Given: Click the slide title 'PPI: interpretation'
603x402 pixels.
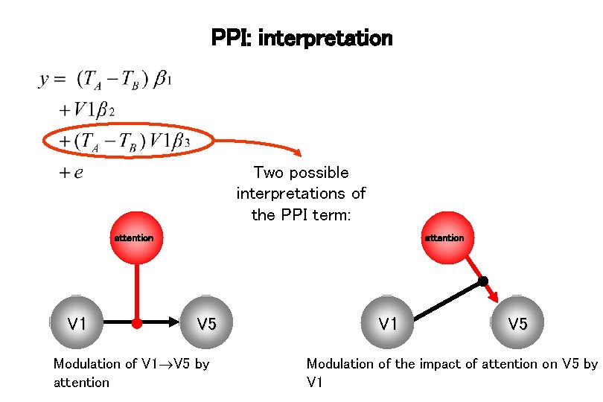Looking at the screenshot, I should (301, 37).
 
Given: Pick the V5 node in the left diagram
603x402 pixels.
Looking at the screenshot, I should (206, 323).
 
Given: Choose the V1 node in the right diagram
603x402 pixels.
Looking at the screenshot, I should (386, 323).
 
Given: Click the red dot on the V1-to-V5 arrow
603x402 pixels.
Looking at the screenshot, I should (137, 324).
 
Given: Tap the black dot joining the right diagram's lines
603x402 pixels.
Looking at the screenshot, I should (483, 281).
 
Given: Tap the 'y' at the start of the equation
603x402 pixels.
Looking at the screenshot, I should (44, 80).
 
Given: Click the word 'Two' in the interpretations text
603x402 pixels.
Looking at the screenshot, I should (269, 173).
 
